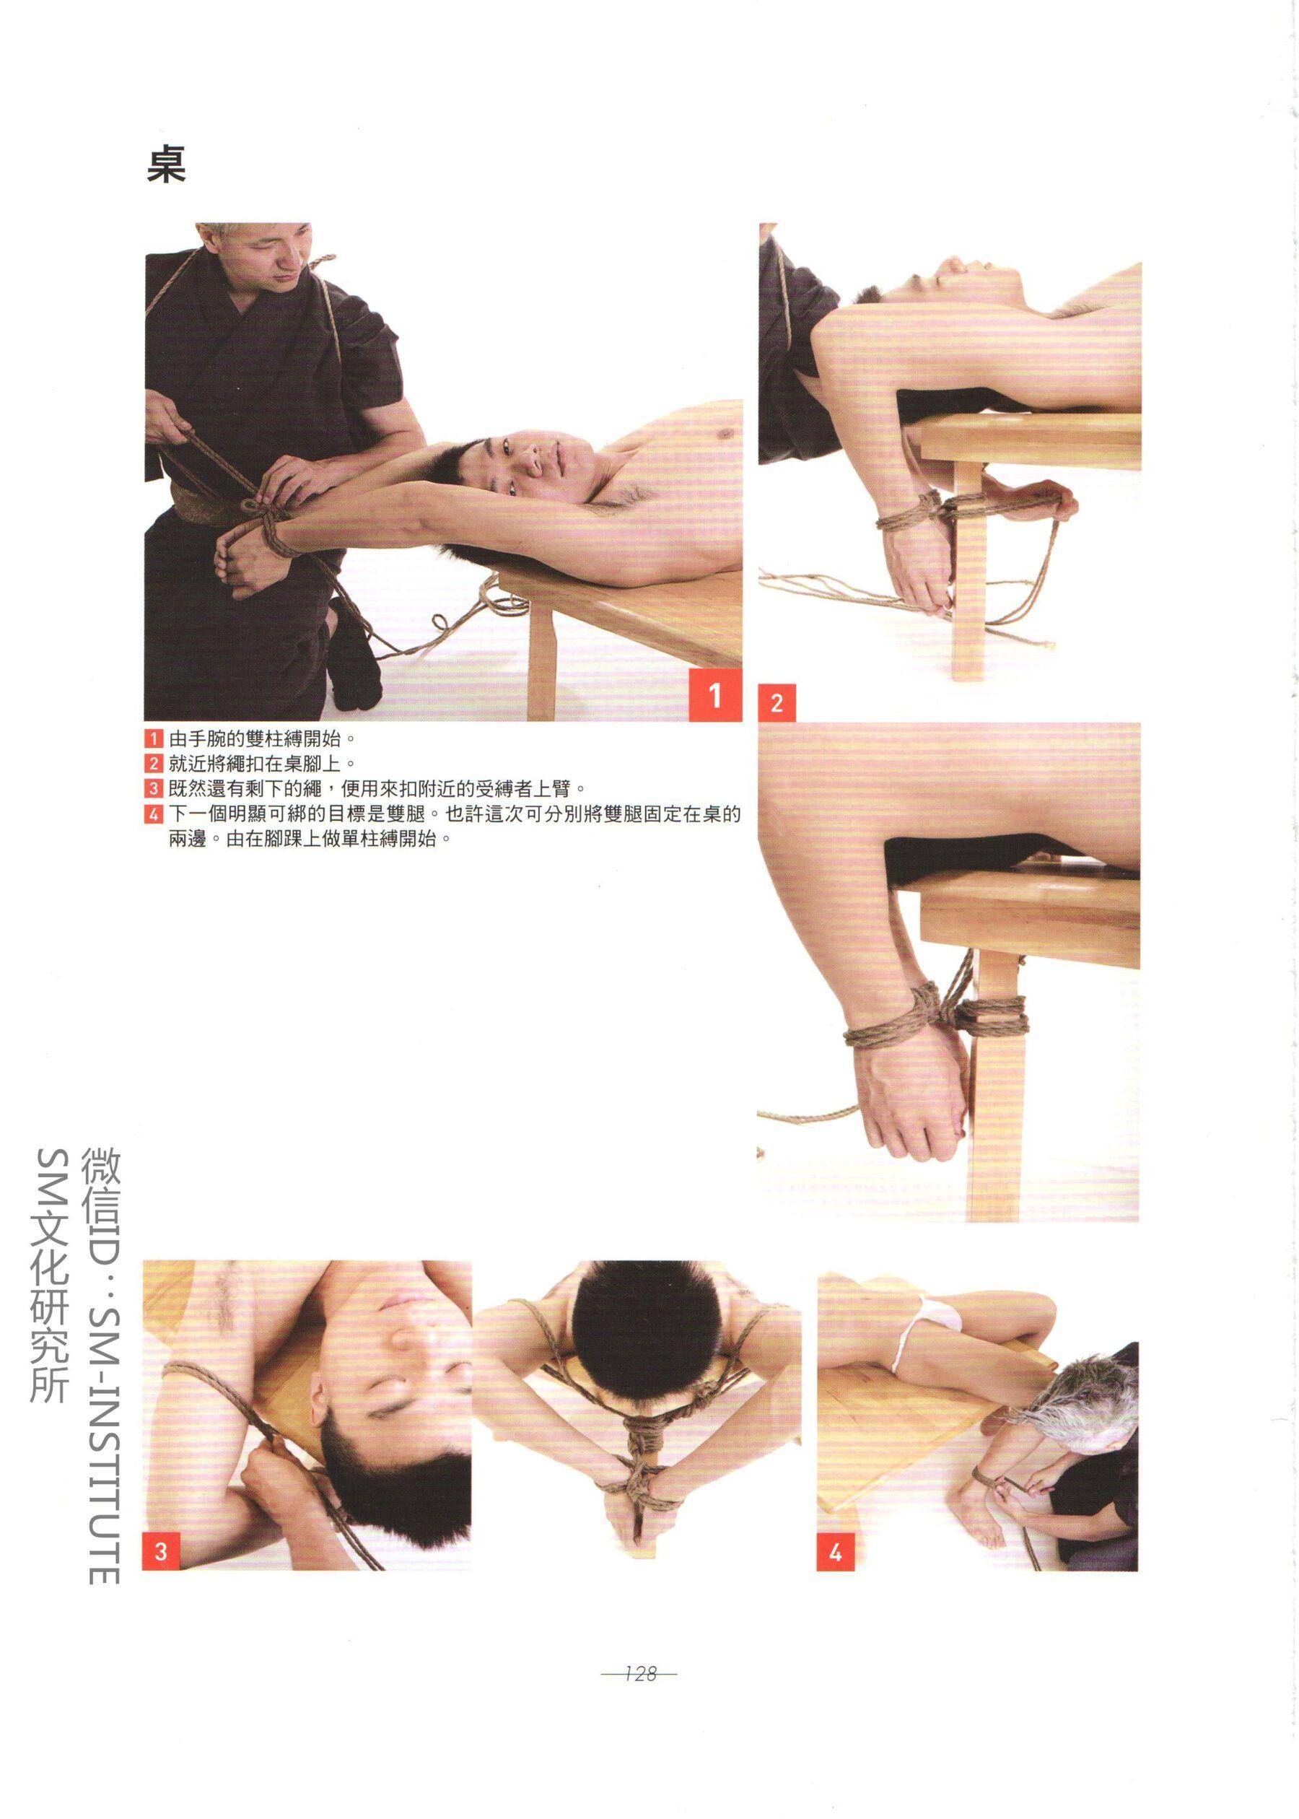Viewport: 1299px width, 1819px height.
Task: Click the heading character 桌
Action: pyautogui.click(x=167, y=165)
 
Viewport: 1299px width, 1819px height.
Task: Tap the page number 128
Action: pyautogui.click(x=641, y=1672)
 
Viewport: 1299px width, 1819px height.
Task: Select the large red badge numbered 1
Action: pyautogui.click(x=715, y=695)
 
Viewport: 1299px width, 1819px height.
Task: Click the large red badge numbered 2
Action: pyautogui.click(x=777, y=703)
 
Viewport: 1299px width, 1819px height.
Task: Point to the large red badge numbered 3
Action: pyautogui.click(x=161, y=1552)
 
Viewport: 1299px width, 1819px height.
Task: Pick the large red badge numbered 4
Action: pyautogui.click(x=836, y=1553)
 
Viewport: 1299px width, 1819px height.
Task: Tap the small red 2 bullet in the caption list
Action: pyautogui.click(x=154, y=763)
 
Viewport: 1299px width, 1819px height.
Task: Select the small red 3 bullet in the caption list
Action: pyautogui.click(x=154, y=789)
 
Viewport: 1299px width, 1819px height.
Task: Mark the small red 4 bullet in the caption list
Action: pyautogui.click(x=154, y=815)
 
